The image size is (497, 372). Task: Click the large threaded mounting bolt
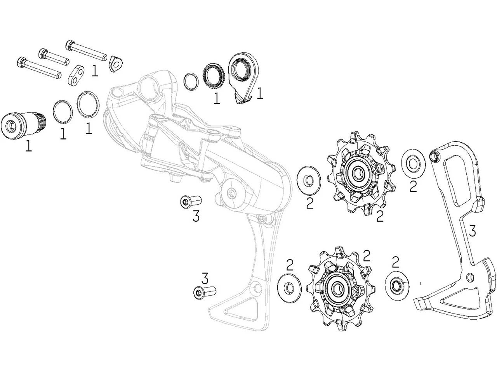click(x=23, y=124)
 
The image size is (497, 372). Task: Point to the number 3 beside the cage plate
click(x=472, y=231)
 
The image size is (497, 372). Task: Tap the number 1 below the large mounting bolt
click(x=28, y=146)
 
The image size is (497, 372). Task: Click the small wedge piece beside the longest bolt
click(x=115, y=63)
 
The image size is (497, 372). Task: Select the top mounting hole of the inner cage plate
click(x=434, y=156)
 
